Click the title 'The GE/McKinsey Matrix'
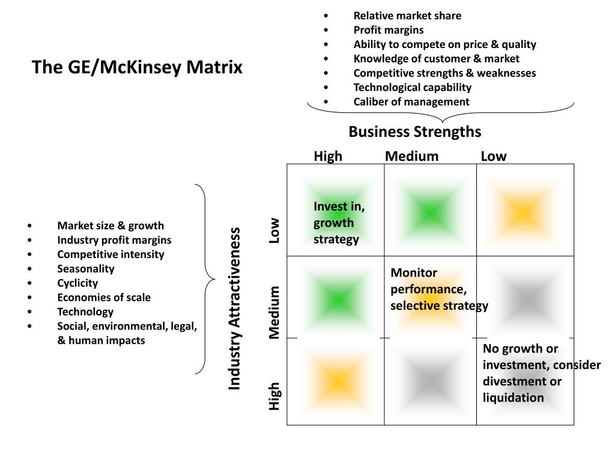[x=137, y=67]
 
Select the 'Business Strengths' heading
[x=414, y=131]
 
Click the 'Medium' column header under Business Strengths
[x=411, y=157]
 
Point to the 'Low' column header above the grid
[x=493, y=157]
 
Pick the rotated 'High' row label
[x=274, y=396]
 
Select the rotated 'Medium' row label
[x=274, y=313]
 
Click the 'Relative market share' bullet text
[x=407, y=16]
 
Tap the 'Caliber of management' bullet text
[x=411, y=101]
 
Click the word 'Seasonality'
[x=85, y=268]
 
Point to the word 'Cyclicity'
[x=77, y=283]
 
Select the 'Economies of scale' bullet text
[x=104, y=297]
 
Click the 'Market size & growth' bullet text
[x=111, y=226]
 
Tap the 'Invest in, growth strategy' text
[x=339, y=223]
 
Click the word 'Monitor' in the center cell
[x=414, y=273]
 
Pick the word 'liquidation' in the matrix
[x=513, y=397]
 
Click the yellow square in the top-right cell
[x=523, y=212]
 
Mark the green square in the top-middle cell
[x=430, y=212]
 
